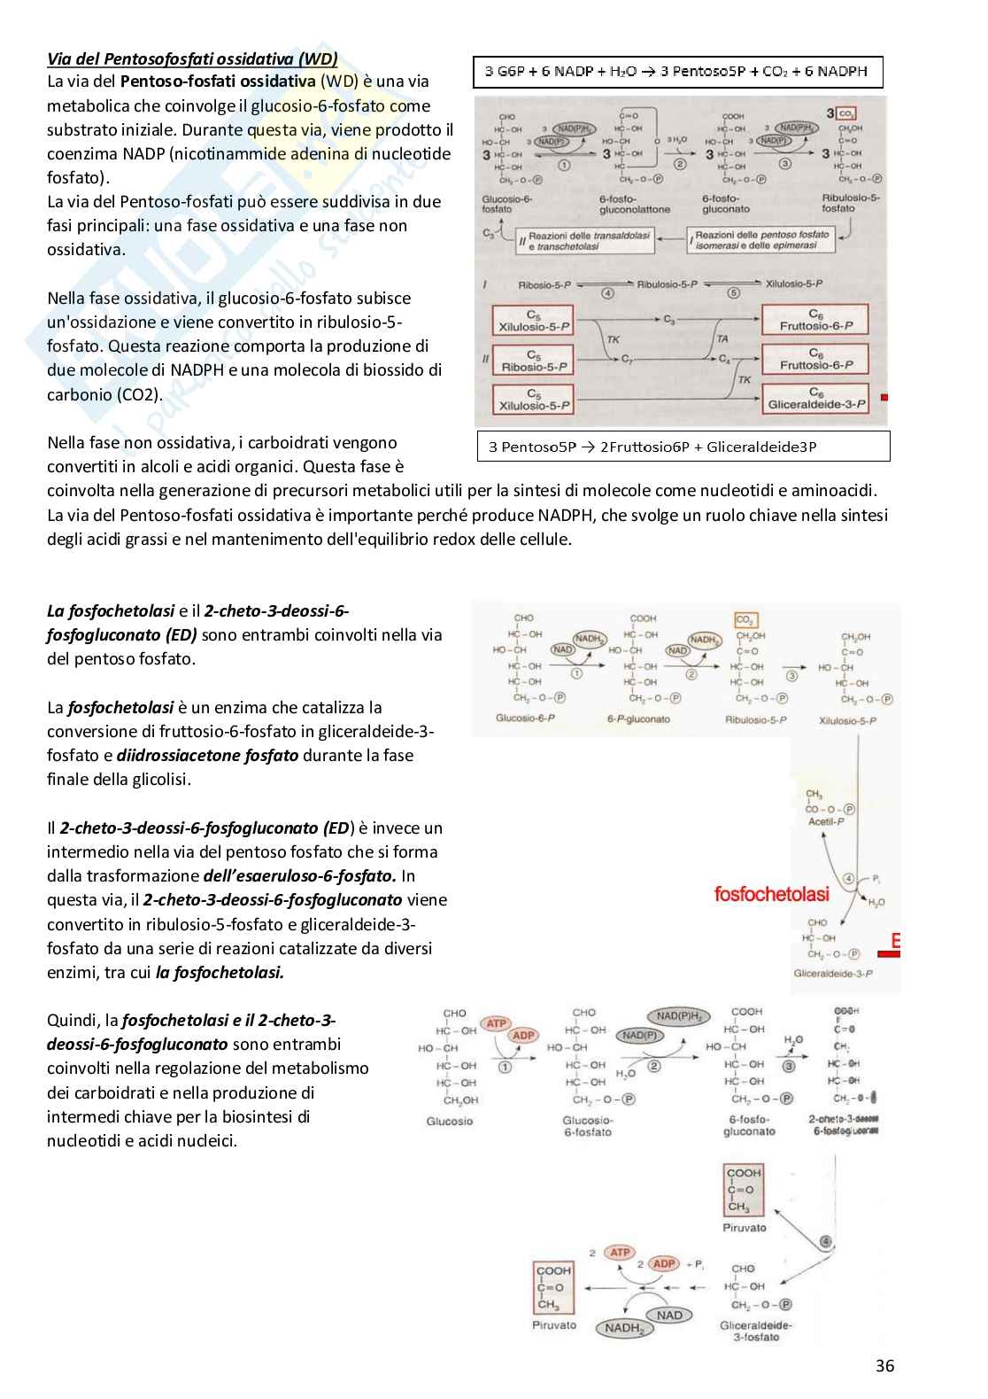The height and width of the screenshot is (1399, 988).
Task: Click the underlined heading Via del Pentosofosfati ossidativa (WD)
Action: [192, 59]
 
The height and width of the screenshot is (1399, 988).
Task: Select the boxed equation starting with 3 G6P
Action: [676, 72]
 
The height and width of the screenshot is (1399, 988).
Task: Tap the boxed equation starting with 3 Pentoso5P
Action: [682, 446]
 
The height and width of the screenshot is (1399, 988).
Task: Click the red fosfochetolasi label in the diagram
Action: [771, 894]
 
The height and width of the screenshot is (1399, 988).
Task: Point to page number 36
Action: [884, 1365]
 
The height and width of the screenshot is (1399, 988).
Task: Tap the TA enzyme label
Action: [722, 338]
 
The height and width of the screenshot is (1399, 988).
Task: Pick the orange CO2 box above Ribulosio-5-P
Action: [746, 620]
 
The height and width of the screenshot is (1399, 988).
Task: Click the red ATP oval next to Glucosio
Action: [496, 1023]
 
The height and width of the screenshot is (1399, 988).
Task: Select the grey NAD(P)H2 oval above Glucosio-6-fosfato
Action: [677, 1016]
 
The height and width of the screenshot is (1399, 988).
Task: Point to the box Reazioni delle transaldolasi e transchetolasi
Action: [589, 240]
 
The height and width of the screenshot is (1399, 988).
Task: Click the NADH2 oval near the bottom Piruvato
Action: [624, 1328]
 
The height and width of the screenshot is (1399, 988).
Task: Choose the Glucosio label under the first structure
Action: [450, 1121]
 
